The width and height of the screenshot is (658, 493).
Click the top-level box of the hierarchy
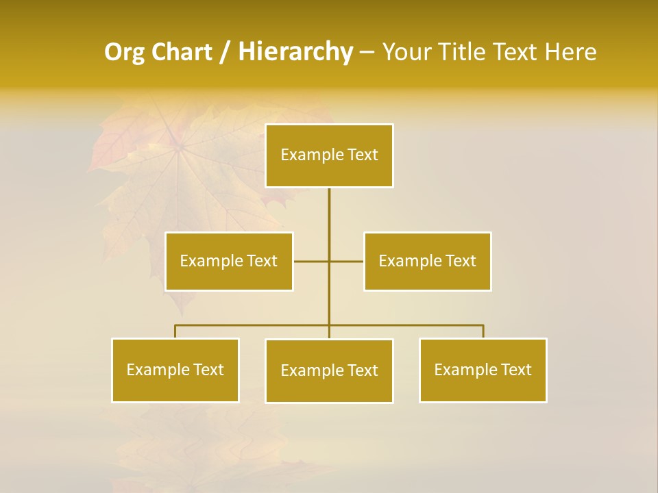[329, 155]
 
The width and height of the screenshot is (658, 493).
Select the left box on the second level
[229, 261]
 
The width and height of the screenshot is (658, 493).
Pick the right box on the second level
[427, 261]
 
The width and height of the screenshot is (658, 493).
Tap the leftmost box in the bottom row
[175, 370]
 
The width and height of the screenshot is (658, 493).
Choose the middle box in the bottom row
[329, 370]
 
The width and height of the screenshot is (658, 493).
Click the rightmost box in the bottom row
[483, 370]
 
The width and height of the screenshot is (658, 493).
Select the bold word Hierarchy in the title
[295, 52]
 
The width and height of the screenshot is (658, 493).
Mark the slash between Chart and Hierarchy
[225, 52]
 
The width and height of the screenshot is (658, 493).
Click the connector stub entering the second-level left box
[310, 261]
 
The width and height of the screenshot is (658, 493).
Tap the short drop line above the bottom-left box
[175, 331]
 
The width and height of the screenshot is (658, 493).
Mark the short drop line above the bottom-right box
[483, 331]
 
